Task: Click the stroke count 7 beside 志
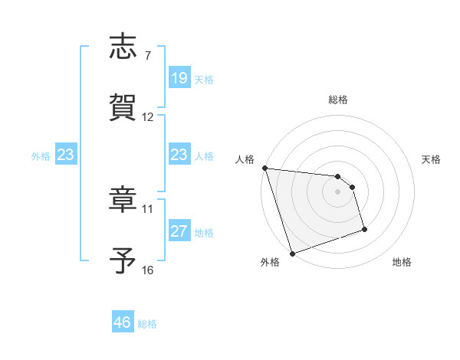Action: [148, 55]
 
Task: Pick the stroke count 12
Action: [148, 117]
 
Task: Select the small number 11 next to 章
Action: [148, 208]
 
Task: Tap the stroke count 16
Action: [148, 270]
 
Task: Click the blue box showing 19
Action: [179, 78]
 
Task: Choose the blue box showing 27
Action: [179, 231]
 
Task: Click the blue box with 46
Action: [123, 322]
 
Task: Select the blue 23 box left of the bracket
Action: [66, 155]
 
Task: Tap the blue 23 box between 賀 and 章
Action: [179, 155]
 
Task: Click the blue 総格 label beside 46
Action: [147, 324]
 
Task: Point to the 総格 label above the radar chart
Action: [338, 100]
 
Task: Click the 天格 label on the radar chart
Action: [432, 159]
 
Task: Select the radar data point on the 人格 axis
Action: [264, 169]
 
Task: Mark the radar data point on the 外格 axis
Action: [292, 253]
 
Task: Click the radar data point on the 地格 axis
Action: [364, 229]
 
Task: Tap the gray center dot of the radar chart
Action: [338, 191]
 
